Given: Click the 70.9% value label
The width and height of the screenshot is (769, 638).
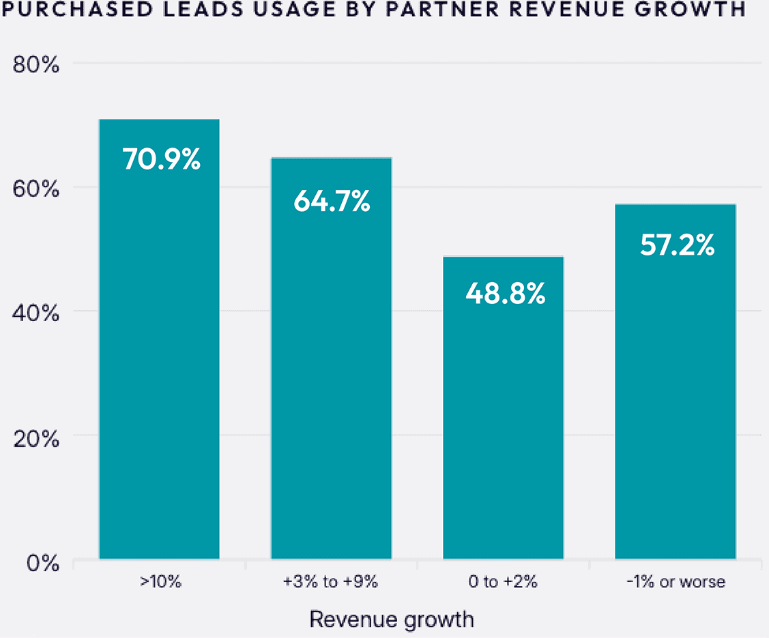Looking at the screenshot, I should click(x=162, y=159).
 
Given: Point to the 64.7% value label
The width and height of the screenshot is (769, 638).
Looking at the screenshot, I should click(x=332, y=201).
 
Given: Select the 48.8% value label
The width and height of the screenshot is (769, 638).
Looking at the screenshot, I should click(x=505, y=294).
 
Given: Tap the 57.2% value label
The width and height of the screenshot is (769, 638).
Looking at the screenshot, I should click(x=677, y=244).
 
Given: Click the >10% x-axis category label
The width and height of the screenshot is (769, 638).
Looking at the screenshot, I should click(x=160, y=583).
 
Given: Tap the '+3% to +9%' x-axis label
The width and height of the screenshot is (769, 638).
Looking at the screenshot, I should click(x=330, y=583).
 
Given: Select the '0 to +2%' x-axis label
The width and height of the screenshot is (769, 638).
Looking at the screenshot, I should click(x=504, y=583).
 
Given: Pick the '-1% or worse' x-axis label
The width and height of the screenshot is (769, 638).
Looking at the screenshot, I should click(x=676, y=583).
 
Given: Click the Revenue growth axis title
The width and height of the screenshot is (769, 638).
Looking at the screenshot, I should click(x=391, y=619).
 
